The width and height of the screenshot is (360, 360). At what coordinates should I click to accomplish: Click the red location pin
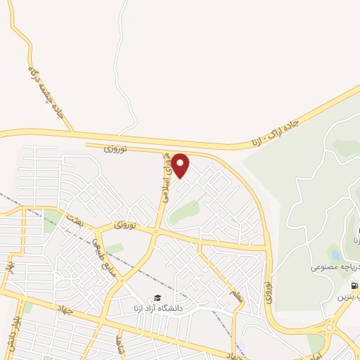181,165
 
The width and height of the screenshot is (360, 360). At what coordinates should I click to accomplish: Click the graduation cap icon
157,297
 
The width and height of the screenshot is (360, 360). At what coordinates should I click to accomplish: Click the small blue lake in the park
335,255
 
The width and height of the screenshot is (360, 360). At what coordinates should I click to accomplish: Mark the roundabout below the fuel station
331,328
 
